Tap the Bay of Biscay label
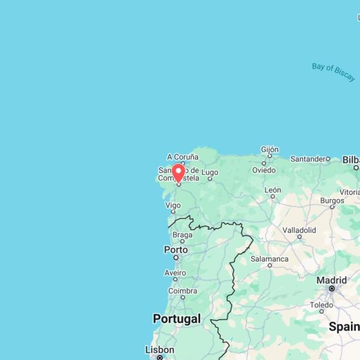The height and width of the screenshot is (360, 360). (x=333, y=71)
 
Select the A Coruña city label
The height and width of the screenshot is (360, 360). (x=182, y=157)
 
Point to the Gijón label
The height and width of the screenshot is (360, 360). (x=270, y=149)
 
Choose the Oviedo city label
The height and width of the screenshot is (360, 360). (x=263, y=170)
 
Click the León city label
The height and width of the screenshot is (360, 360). (x=272, y=190)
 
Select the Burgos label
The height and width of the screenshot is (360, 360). (x=332, y=200)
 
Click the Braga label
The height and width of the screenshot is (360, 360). (x=182, y=235)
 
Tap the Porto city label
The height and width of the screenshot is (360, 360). (x=176, y=250)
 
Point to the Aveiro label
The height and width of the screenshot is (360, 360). (x=175, y=272)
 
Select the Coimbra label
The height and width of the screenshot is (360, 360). (x=182, y=291)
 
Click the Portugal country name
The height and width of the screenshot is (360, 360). (x=176, y=319)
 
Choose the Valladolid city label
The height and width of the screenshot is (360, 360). (x=299, y=230)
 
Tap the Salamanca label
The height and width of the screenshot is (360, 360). (x=269, y=259)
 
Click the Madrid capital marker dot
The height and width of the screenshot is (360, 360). (x=331, y=289)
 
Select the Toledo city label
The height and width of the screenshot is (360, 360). (x=321, y=305)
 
